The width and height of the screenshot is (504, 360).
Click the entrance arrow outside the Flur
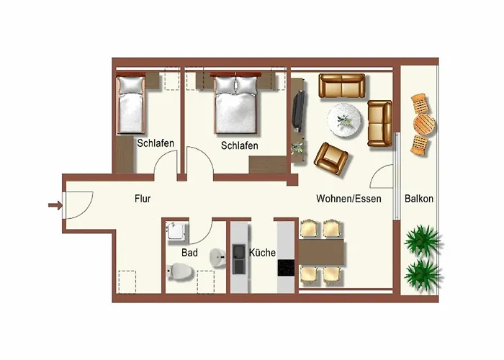(55, 204)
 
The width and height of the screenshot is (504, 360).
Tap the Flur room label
(143, 199)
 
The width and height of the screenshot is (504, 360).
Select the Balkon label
(419, 199)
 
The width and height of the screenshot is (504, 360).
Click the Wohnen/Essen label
(348, 199)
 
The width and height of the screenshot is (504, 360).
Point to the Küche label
(262, 253)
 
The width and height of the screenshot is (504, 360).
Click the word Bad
(189, 253)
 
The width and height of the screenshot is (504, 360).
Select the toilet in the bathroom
(180, 272)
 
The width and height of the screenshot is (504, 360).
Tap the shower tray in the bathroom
(176, 231)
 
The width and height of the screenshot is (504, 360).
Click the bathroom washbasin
(217, 258)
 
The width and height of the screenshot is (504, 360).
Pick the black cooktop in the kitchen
(286, 268)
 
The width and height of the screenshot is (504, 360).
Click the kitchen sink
(239, 259)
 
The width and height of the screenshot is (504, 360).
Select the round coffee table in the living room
(344, 120)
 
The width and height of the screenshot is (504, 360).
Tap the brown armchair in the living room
(331, 158)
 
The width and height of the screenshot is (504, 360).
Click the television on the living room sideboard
(299, 111)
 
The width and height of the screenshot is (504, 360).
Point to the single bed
(130, 104)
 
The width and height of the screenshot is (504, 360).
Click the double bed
(236, 104)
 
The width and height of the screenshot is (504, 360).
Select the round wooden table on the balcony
(424, 124)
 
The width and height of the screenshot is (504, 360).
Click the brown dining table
(321, 252)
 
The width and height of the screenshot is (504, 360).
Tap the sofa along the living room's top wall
(342, 86)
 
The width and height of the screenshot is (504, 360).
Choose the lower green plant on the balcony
(422, 275)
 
